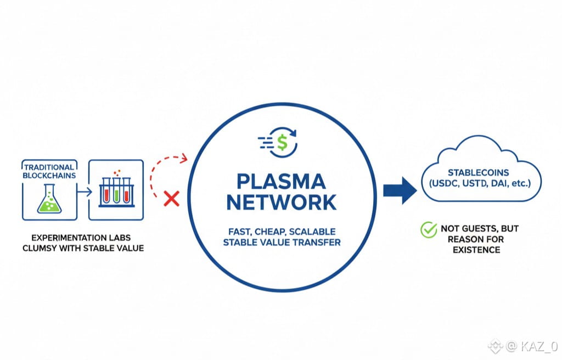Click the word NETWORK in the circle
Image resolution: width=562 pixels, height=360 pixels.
coord(282,203)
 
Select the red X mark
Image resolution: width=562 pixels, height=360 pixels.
coord(172,199)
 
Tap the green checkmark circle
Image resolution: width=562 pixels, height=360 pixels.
coord(428,229)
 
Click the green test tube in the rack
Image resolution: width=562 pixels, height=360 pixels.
coord(116,192)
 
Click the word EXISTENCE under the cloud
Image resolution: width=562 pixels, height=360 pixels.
coord(476,250)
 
